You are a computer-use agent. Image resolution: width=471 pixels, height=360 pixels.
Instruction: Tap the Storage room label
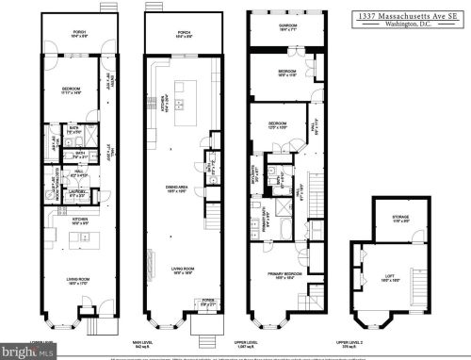tap(401, 220)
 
